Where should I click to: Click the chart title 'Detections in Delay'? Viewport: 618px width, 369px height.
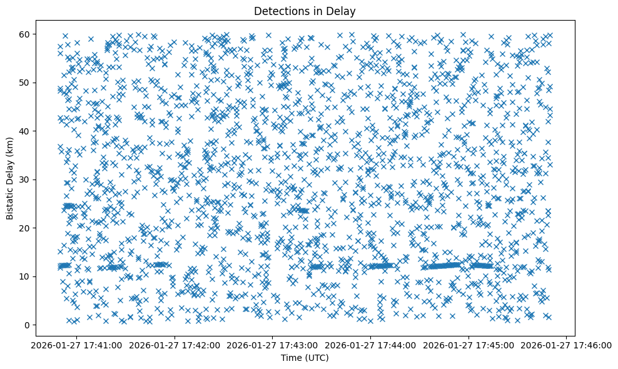pos(305,11)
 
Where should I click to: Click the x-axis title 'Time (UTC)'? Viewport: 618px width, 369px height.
pos(305,358)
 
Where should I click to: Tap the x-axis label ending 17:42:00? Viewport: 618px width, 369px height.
pos(175,345)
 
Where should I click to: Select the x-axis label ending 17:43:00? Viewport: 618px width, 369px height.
pos(273,345)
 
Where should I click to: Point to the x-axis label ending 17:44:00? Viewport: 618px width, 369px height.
pos(371,345)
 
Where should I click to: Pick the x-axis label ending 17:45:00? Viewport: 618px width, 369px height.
pos(469,345)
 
